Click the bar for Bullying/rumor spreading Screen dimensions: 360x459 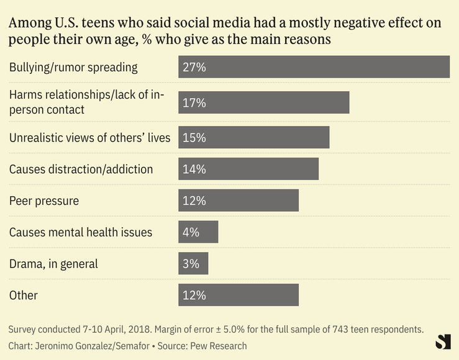[x=314, y=67]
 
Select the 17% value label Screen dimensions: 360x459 [x=194, y=102]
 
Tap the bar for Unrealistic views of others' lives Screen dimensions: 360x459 [x=253, y=137]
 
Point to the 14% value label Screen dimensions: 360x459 [x=194, y=169]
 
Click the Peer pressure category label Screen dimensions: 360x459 [x=43, y=200]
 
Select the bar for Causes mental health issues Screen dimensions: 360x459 [x=198, y=232]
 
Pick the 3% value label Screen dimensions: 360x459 [x=191, y=263]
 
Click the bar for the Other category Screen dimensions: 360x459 [x=239, y=295]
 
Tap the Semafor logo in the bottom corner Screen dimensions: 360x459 [x=443, y=341]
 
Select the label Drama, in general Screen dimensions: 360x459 [x=53, y=264]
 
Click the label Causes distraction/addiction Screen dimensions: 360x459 [x=81, y=169]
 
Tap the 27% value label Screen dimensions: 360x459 [x=194, y=67]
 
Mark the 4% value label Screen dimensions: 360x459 [x=191, y=232]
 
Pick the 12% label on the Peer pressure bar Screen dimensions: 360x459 [x=194, y=200]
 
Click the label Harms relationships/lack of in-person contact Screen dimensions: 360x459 [x=86, y=102]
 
